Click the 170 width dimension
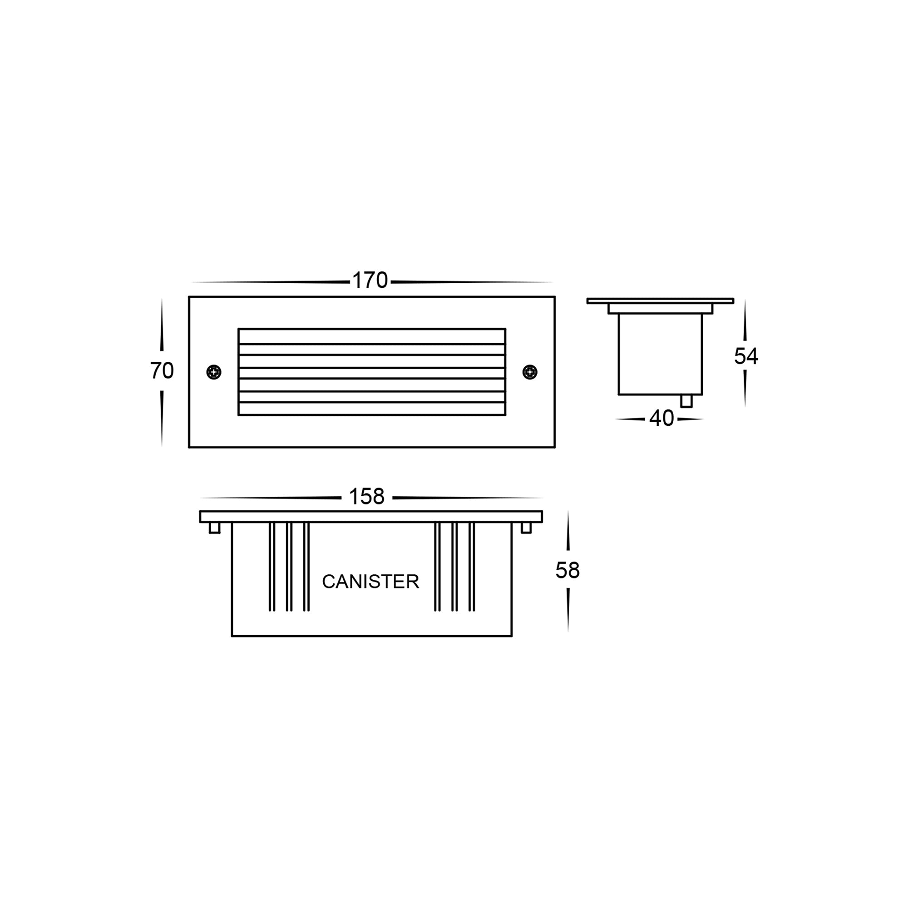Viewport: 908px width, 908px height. pos(370,281)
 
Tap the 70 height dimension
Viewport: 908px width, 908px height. pos(162,371)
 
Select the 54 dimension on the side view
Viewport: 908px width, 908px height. pos(746,356)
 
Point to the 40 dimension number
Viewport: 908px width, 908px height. pos(661,418)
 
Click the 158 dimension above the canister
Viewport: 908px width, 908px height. pos(366,497)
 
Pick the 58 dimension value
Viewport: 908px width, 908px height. pos(567,571)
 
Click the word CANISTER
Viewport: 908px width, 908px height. pos(370,582)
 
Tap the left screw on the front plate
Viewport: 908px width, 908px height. pos(214,372)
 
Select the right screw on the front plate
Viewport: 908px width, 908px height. pos(530,372)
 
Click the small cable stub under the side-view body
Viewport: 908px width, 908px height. pos(686,401)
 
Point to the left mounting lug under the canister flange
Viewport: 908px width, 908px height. pos(214,528)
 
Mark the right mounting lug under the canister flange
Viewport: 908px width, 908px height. pos(526,528)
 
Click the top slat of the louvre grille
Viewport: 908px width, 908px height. pos(372,336)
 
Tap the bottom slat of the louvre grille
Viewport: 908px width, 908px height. pos(372,409)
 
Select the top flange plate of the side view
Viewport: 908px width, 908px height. pos(660,301)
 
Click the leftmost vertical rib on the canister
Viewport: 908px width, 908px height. pos(271,566)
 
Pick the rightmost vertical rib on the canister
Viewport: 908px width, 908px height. pos(472,566)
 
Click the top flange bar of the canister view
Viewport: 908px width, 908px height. pos(371,517)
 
